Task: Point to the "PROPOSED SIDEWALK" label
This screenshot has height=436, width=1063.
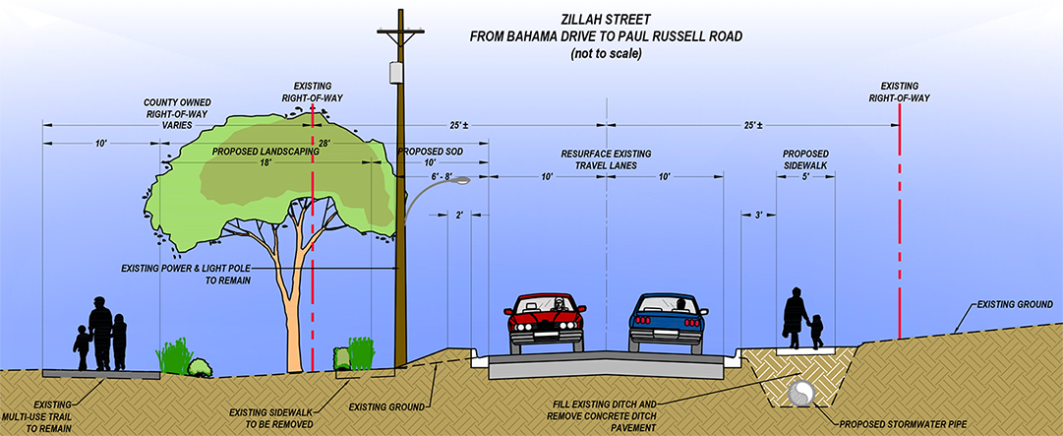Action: (x=805, y=160)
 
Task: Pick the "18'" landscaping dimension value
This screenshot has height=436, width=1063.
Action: (x=266, y=163)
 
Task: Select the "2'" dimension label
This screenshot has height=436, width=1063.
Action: (x=459, y=215)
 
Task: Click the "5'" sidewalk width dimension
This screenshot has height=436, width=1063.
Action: (x=805, y=177)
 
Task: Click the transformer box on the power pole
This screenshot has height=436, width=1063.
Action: (x=397, y=74)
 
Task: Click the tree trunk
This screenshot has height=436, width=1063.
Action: (x=292, y=315)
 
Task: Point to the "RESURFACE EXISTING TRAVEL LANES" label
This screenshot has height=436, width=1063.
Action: (x=608, y=160)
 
